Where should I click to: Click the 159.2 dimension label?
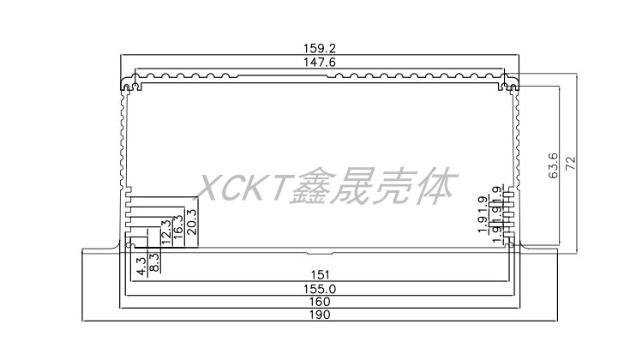pos(320,49)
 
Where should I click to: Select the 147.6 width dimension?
pos(320,63)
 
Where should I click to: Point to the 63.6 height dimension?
pos(553,165)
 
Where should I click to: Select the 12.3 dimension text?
pos(165,232)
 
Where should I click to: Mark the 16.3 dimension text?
pos(177,228)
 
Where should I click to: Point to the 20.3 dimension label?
pos(190,223)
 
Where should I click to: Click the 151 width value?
pos(320,274)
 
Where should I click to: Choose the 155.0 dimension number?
pos(320,290)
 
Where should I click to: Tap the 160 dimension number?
pos(320,302)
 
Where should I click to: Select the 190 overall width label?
pos(320,315)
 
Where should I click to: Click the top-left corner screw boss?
pos(129,86)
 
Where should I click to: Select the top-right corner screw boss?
pos(511,86)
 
